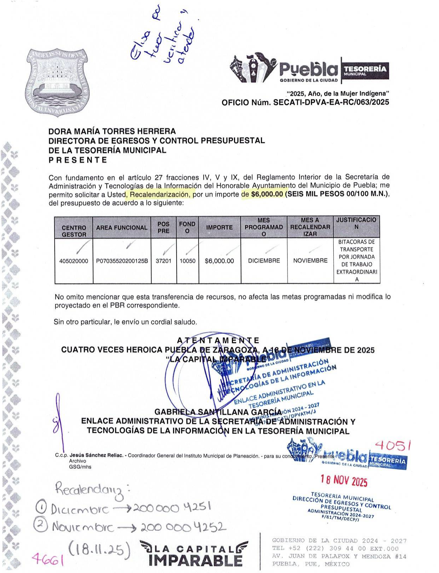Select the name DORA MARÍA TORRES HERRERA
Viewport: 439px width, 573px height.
pyautogui.click(x=112, y=131)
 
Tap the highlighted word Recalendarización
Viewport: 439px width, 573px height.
pyautogui.click(x=160, y=195)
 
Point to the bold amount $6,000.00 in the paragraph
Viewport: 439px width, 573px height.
pyautogui.click(x=267, y=194)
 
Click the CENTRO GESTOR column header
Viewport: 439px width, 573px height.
pyautogui.click(x=74, y=231)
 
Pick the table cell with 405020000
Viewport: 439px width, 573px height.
pyautogui.click(x=74, y=261)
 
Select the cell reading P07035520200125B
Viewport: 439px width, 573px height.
pyautogui.click(x=122, y=261)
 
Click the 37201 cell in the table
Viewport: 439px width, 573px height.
pyautogui.click(x=163, y=261)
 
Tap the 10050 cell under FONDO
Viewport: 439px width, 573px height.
pyautogui.click(x=188, y=261)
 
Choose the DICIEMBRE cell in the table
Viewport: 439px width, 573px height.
pyautogui.click(x=264, y=261)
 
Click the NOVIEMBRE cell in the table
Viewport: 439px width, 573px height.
pyautogui.click(x=310, y=261)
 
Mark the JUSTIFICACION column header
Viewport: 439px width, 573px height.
pyautogui.click(x=356, y=223)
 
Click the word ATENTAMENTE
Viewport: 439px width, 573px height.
pyautogui.click(x=218, y=340)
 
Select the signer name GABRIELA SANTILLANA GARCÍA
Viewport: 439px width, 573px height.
pyautogui.click(x=218, y=412)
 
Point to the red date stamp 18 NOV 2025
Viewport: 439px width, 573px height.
pyautogui.click(x=344, y=481)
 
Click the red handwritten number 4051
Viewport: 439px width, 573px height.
pyautogui.click(x=393, y=445)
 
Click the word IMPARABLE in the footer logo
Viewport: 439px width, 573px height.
pyautogui.click(x=196, y=561)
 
